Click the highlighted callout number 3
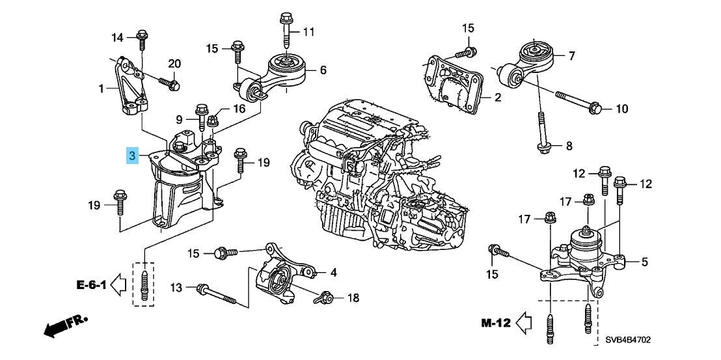[133, 156]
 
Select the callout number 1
[101, 88]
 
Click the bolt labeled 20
[169, 83]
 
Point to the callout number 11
[308, 32]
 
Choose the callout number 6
[323, 70]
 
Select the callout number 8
[569, 146]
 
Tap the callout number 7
[571, 56]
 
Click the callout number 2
[498, 97]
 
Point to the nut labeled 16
[212, 121]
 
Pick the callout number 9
[180, 120]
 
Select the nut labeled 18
[325, 298]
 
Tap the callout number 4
[333, 273]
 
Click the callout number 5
[644, 262]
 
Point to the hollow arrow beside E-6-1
[118, 285]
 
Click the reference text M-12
[496, 323]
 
